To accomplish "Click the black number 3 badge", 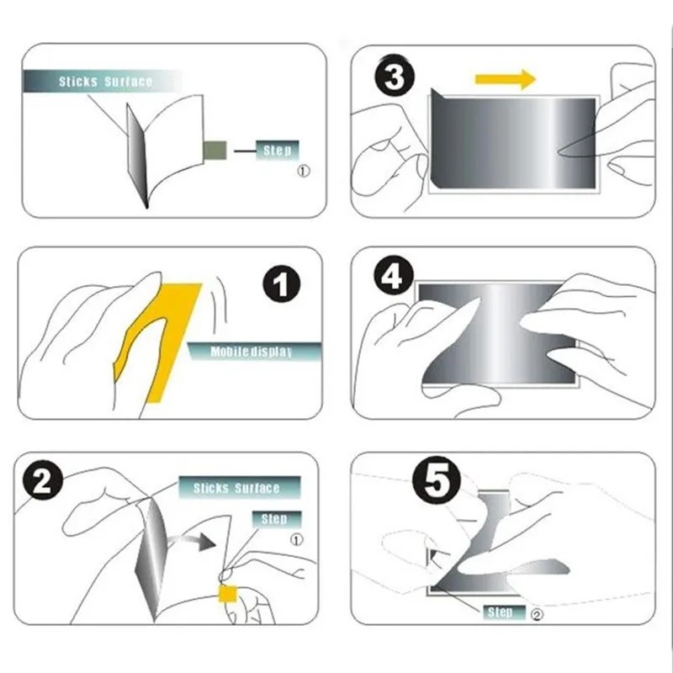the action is tap(395, 77).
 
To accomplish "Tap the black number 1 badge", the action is tap(282, 284).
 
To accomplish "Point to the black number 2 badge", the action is tap(43, 482).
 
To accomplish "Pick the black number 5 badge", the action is tap(436, 480).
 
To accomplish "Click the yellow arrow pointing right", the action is tap(506, 79).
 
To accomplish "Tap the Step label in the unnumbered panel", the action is tap(278, 151).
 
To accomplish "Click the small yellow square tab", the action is tap(227, 594).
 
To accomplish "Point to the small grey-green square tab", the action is tap(215, 151).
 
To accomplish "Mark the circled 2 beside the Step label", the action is tap(537, 615).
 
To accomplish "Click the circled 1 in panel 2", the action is tap(297, 539).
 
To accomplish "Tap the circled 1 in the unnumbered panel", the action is tap(304, 171).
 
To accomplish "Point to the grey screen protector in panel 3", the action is tap(513, 141).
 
